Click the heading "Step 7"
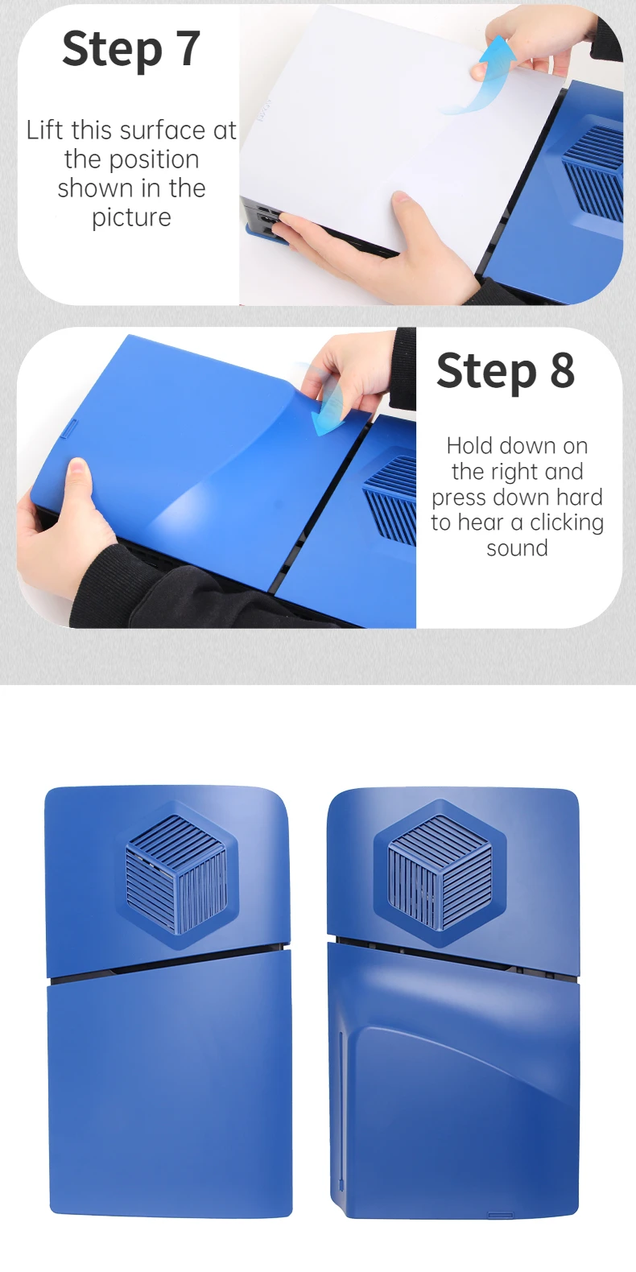[x=131, y=49]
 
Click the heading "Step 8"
[x=506, y=370]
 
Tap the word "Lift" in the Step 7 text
[x=43, y=130]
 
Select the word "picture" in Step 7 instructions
[x=131, y=217]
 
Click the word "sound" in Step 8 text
[x=518, y=548]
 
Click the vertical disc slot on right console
[x=341, y=1113]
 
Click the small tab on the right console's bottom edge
[x=500, y=1215]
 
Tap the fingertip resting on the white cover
[x=402, y=198]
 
